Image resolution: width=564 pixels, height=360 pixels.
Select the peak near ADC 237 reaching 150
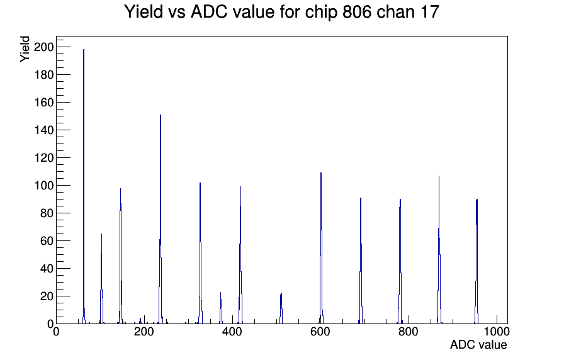pyautogui.click(x=161, y=220)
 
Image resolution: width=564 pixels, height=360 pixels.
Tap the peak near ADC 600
pyautogui.click(x=321, y=248)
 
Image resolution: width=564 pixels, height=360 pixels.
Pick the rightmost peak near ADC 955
pyautogui.click(x=477, y=261)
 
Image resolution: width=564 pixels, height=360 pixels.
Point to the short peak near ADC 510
pyautogui.click(x=281, y=308)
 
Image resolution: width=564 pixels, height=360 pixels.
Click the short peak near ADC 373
pyautogui.click(x=221, y=308)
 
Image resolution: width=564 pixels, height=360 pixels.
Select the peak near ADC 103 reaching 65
pyautogui.click(x=101, y=279)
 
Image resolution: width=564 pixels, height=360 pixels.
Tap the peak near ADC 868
pyautogui.click(x=439, y=250)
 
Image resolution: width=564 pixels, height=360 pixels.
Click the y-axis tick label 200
pyautogui.click(x=43, y=47)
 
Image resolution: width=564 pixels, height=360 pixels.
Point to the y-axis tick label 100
pyautogui.click(x=43, y=186)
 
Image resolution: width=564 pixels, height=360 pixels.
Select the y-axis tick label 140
pyautogui.click(x=43, y=130)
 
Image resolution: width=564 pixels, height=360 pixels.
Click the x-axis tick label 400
pyautogui.click(x=232, y=331)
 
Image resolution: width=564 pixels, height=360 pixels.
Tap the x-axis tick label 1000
pyautogui.click(x=497, y=331)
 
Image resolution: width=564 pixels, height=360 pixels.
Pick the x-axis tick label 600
pyautogui.click(x=320, y=331)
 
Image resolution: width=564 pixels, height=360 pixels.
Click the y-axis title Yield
pyautogui.click(x=25, y=49)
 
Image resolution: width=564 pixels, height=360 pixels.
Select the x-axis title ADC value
pyautogui.click(x=478, y=345)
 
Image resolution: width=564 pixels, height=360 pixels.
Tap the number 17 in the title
pyautogui.click(x=429, y=12)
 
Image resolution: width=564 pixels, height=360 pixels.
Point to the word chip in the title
pyautogui.click(x=322, y=13)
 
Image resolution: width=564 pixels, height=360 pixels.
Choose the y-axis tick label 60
pyautogui.click(x=46, y=241)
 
